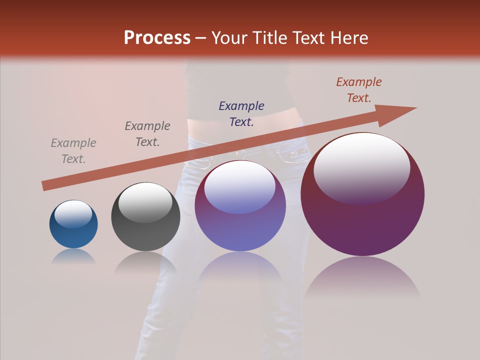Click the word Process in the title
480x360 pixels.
click(x=157, y=38)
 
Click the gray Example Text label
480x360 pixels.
click(x=73, y=151)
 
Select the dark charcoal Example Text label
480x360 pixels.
click(x=147, y=134)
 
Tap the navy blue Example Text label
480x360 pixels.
click(x=241, y=113)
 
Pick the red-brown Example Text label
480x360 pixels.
click(x=359, y=90)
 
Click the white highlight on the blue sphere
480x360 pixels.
click(x=73, y=214)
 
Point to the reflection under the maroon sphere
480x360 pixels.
click(x=362, y=277)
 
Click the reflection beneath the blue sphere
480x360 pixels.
click(x=73, y=256)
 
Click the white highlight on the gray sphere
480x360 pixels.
click(x=145, y=202)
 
